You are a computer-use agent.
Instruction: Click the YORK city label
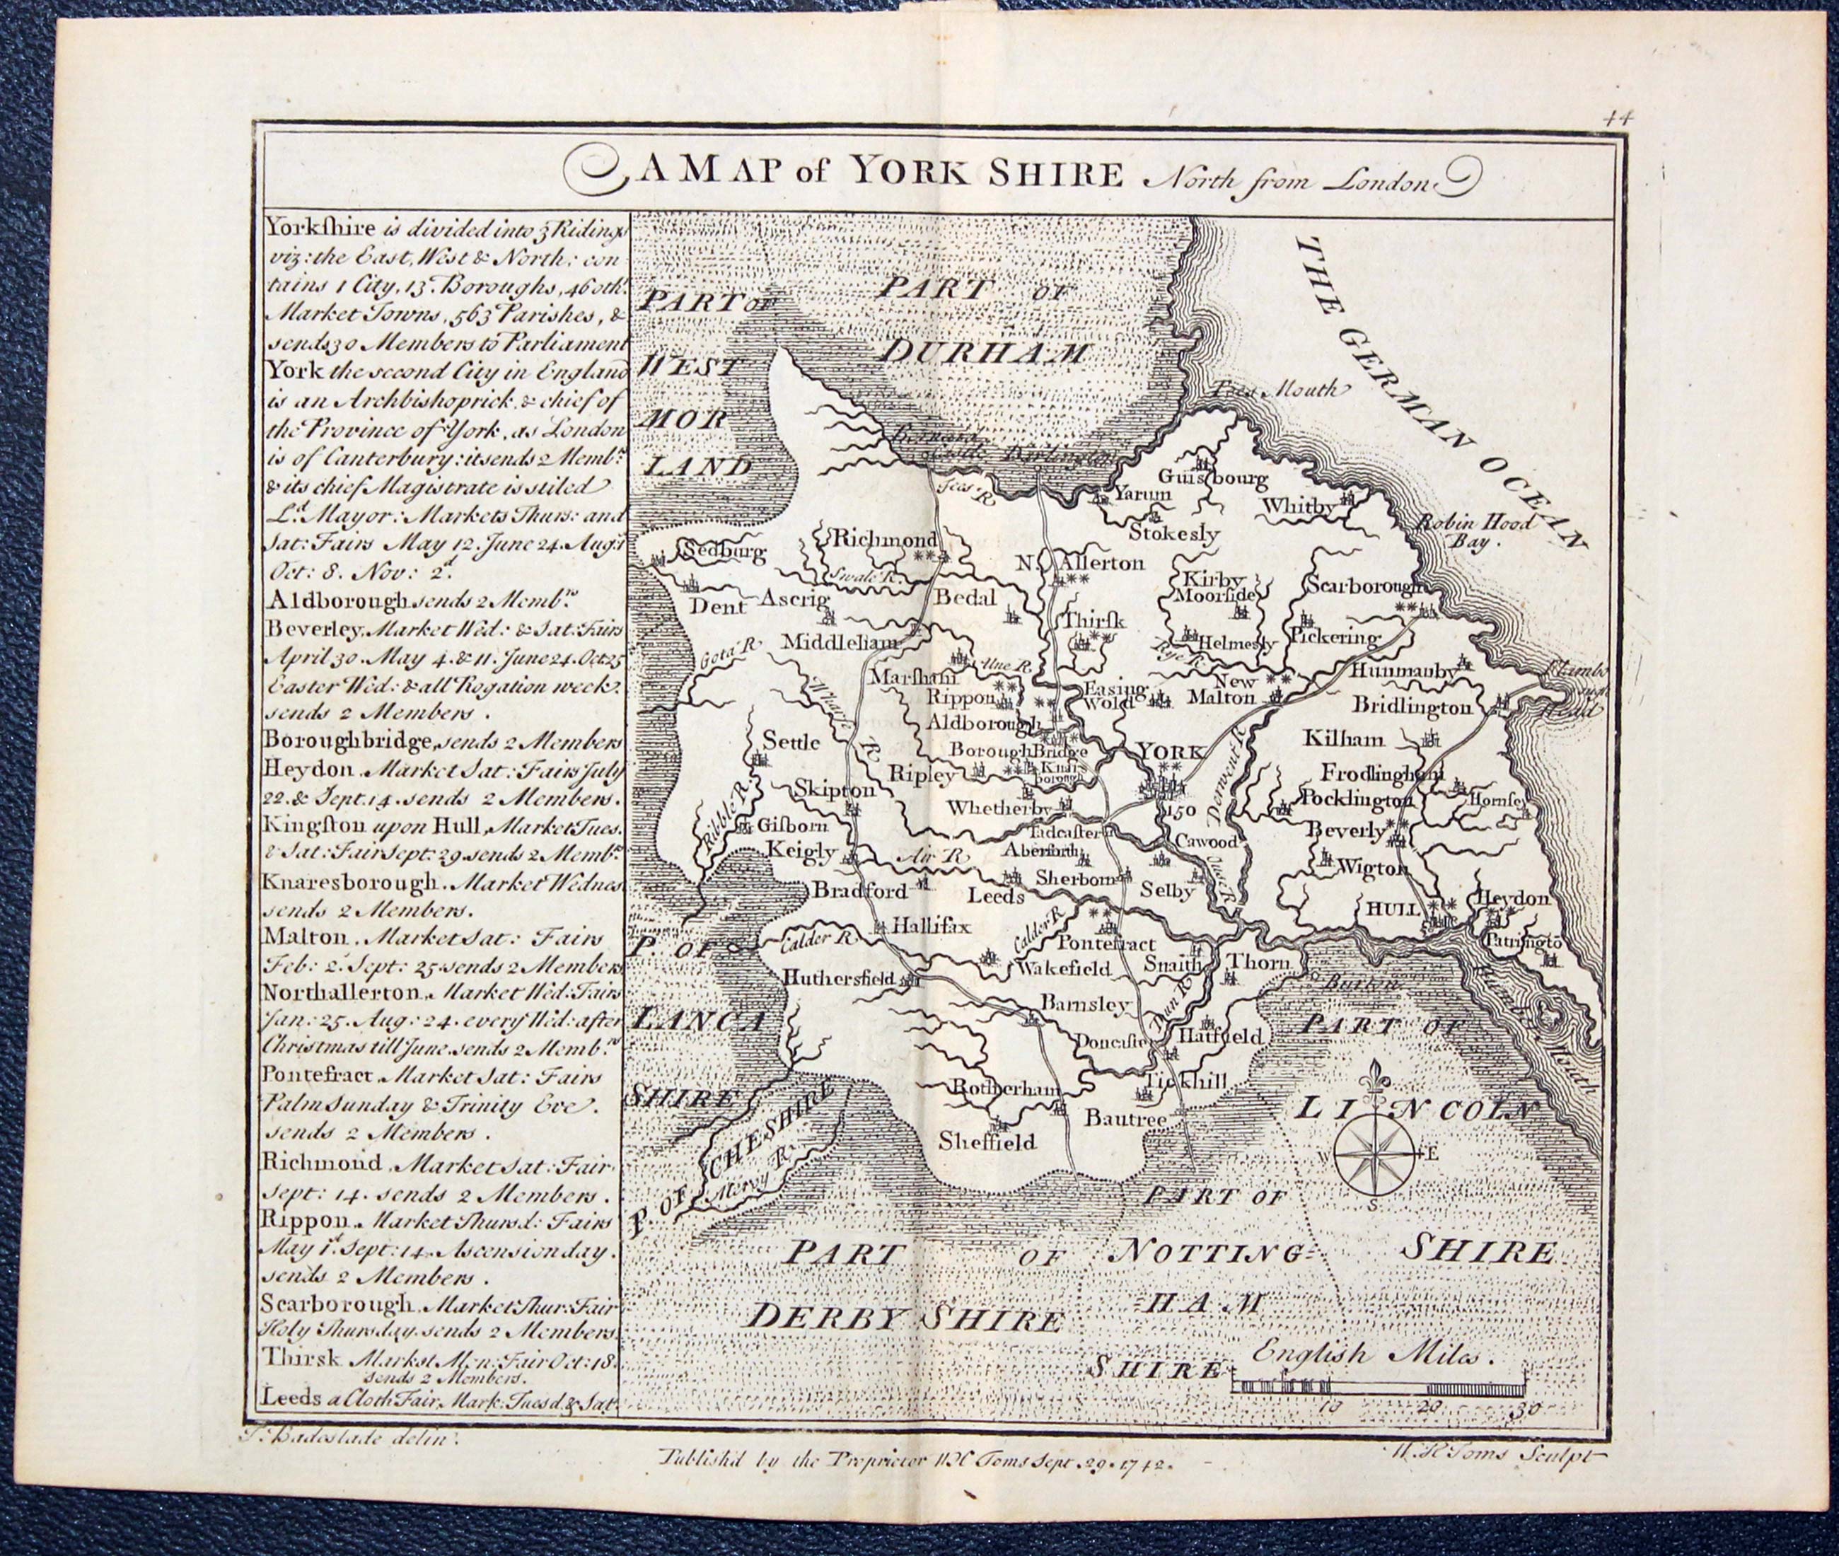pyautogui.click(x=1170, y=752)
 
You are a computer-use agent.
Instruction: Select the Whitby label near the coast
pyautogui.click(x=1300, y=507)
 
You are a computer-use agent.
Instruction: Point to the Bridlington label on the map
pyautogui.click(x=1411, y=707)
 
